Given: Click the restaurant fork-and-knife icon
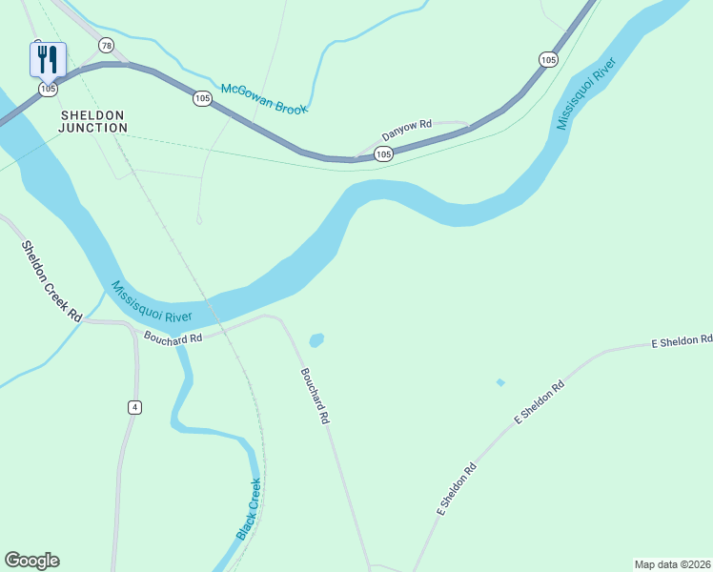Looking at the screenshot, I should [x=48, y=59].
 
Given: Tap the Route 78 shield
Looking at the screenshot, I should [x=106, y=46].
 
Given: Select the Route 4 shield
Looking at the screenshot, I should [x=134, y=407].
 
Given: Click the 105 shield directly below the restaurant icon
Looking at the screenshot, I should [x=49, y=89].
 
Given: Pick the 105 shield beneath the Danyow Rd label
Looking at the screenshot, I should [x=383, y=153].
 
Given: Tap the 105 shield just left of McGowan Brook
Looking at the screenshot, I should [x=202, y=98].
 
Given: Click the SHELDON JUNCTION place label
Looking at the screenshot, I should [x=93, y=121].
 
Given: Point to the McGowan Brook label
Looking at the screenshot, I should [x=264, y=98].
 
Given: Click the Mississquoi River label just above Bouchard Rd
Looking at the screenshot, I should [x=152, y=302].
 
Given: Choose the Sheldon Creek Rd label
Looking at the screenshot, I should [x=51, y=280].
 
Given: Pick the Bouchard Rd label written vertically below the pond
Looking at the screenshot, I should [x=315, y=396].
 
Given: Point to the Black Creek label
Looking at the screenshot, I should [x=248, y=511].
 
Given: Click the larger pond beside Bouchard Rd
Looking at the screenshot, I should [x=316, y=339].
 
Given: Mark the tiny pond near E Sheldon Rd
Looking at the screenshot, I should [x=500, y=382].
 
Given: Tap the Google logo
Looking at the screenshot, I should [x=32, y=561].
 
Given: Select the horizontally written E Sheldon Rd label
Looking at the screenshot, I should [x=682, y=341].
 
